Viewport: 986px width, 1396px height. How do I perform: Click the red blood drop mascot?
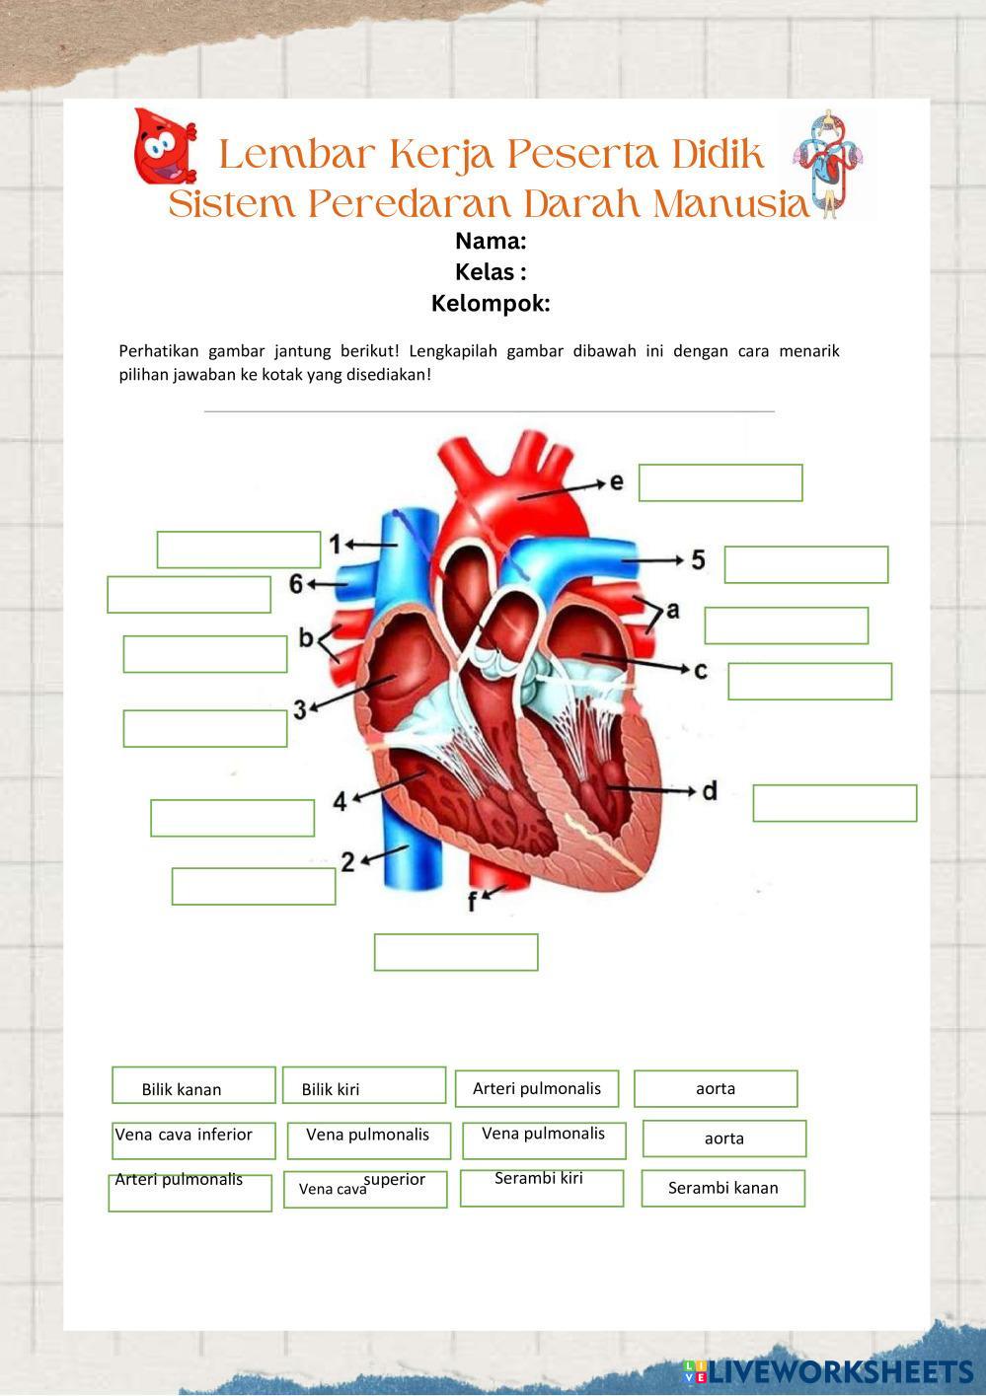tap(163, 147)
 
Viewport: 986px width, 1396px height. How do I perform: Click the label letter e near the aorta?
tap(617, 481)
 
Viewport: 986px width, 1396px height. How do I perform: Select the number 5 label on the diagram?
tap(698, 560)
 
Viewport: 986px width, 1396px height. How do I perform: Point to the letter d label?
tap(709, 790)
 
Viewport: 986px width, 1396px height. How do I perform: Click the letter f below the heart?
tap(473, 901)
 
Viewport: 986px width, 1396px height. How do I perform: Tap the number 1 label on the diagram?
tap(335, 544)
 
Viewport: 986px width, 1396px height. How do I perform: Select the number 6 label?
tap(296, 584)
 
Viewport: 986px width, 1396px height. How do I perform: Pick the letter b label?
tap(306, 638)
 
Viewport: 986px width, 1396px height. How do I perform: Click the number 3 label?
tap(299, 708)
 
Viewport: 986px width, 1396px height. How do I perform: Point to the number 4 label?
tap(340, 800)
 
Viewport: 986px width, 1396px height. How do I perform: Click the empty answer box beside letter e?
tap(721, 482)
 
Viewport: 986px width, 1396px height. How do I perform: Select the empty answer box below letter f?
tap(456, 952)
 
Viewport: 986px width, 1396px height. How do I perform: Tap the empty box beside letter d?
tap(834, 803)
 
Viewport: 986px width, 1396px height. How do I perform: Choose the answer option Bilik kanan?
tap(183, 1089)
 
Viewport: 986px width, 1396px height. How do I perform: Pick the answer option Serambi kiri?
tap(539, 1178)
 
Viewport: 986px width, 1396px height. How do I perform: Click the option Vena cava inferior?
tap(184, 1135)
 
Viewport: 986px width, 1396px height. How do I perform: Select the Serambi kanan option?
tap(722, 1188)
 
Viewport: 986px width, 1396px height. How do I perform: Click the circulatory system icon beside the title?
tap(827, 163)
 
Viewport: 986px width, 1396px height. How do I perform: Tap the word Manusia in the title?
tap(731, 204)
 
